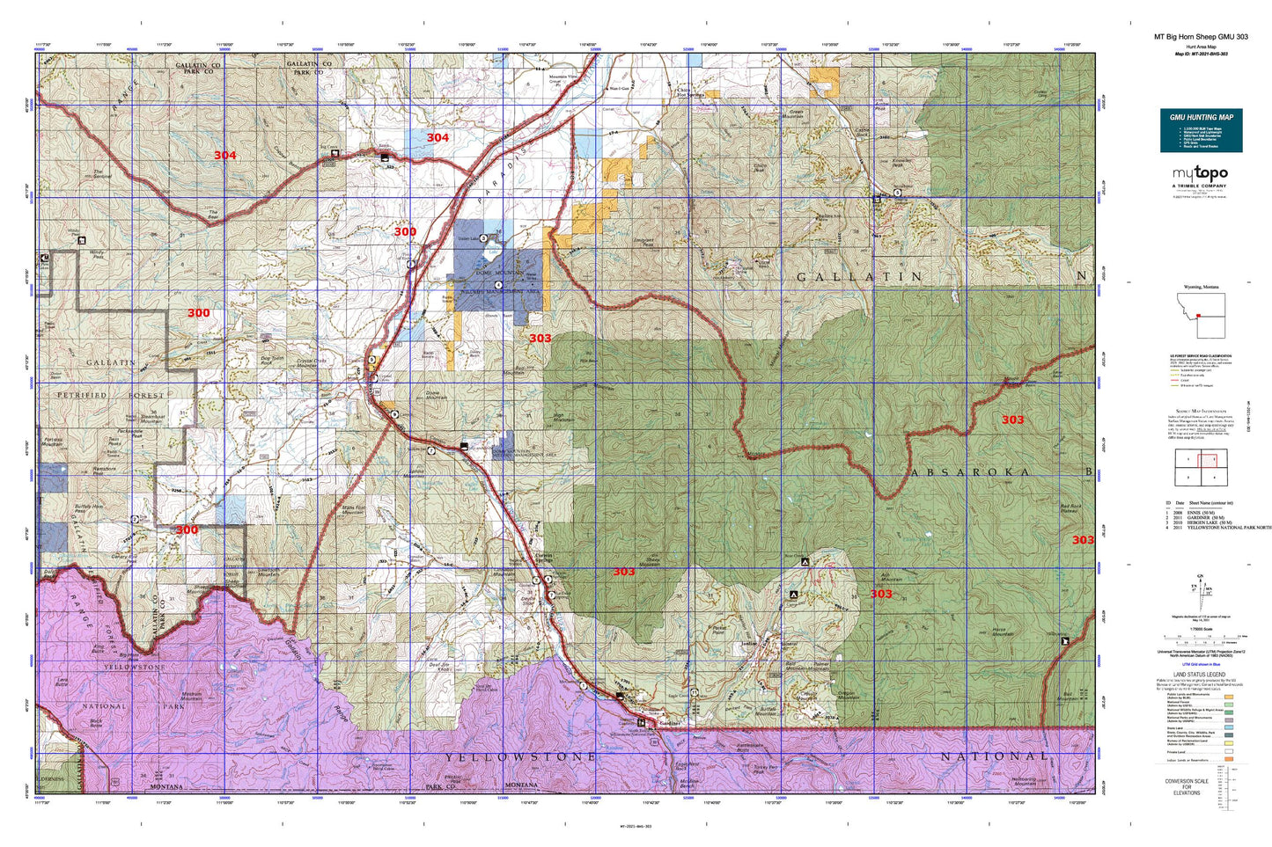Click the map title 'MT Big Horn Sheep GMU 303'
[1201, 37]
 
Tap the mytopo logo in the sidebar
[1201, 175]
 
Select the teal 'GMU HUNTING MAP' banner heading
[1201, 117]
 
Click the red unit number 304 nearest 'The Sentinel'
[224, 156]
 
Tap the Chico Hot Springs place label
[688, 91]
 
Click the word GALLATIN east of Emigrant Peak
[859, 277]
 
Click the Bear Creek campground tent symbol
[804, 561]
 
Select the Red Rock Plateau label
[1071, 507]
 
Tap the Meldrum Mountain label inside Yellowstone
[191, 694]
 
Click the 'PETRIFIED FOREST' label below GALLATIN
[106, 396]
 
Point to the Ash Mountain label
[891, 578]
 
